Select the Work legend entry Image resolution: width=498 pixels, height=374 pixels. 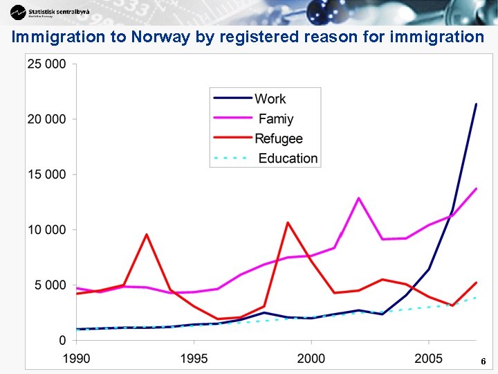click(270, 99)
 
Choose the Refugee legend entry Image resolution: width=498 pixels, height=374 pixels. click(278, 139)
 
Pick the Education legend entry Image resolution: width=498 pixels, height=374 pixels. click(288, 158)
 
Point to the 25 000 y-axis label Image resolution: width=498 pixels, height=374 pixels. click(47, 64)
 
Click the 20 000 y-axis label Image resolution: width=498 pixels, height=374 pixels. click(47, 119)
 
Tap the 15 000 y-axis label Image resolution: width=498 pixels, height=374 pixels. click(47, 175)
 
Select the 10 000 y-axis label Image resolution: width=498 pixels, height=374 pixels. click(47, 229)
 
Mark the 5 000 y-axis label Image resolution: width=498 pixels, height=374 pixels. click(50, 285)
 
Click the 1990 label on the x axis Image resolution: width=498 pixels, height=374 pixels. click(77, 358)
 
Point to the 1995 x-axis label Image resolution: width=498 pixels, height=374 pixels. click(194, 358)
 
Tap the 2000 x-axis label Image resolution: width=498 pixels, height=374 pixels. click(311, 358)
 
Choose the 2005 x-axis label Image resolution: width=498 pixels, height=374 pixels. click(429, 358)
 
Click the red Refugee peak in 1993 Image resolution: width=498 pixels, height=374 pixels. click(147, 235)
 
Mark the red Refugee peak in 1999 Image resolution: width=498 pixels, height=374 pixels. click(288, 223)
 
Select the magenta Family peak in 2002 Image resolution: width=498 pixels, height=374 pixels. click(358, 199)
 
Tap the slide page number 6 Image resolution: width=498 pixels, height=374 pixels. click(483, 362)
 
